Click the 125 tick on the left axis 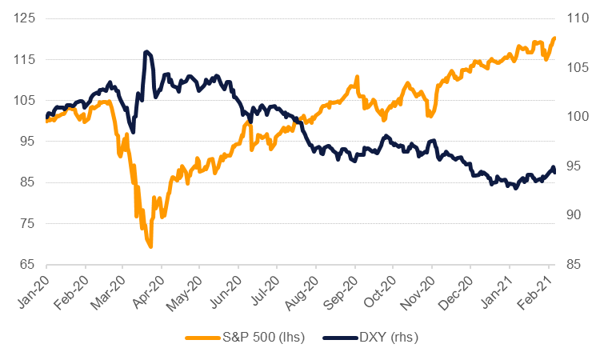click(x=28, y=18)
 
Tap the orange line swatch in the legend click(x=203, y=338)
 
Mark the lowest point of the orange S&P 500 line click(x=150, y=246)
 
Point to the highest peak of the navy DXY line click(x=146, y=52)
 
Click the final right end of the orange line click(x=554, y=38)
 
